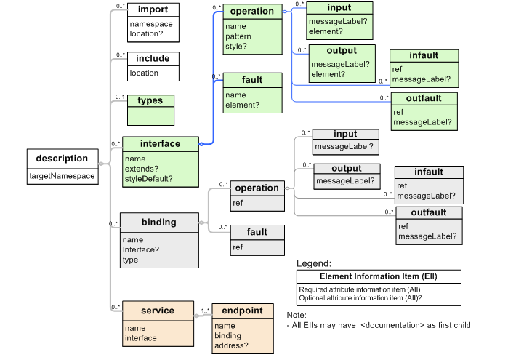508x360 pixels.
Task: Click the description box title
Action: pos(62,158)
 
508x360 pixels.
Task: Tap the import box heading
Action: pos(153,10)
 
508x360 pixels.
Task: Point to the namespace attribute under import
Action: pos(151,24)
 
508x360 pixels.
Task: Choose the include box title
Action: pos(153,59)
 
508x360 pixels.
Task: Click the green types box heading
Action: pos(150,100)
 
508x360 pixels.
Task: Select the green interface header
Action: pos(160,144)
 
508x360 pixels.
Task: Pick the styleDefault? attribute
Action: pos(148,177)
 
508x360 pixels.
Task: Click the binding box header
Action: pos(158,222)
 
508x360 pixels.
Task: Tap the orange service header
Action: pos(157,311)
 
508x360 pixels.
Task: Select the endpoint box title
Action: pos(243,311)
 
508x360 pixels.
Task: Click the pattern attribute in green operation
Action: pos(238,36)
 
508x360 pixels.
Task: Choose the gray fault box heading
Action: pos(257,233)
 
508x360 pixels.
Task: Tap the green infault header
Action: pos(424,56)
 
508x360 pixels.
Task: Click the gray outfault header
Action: pos(428,212)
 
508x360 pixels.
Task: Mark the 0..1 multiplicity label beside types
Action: pos(120,97)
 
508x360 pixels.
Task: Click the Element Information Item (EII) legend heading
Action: pos(378,276)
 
